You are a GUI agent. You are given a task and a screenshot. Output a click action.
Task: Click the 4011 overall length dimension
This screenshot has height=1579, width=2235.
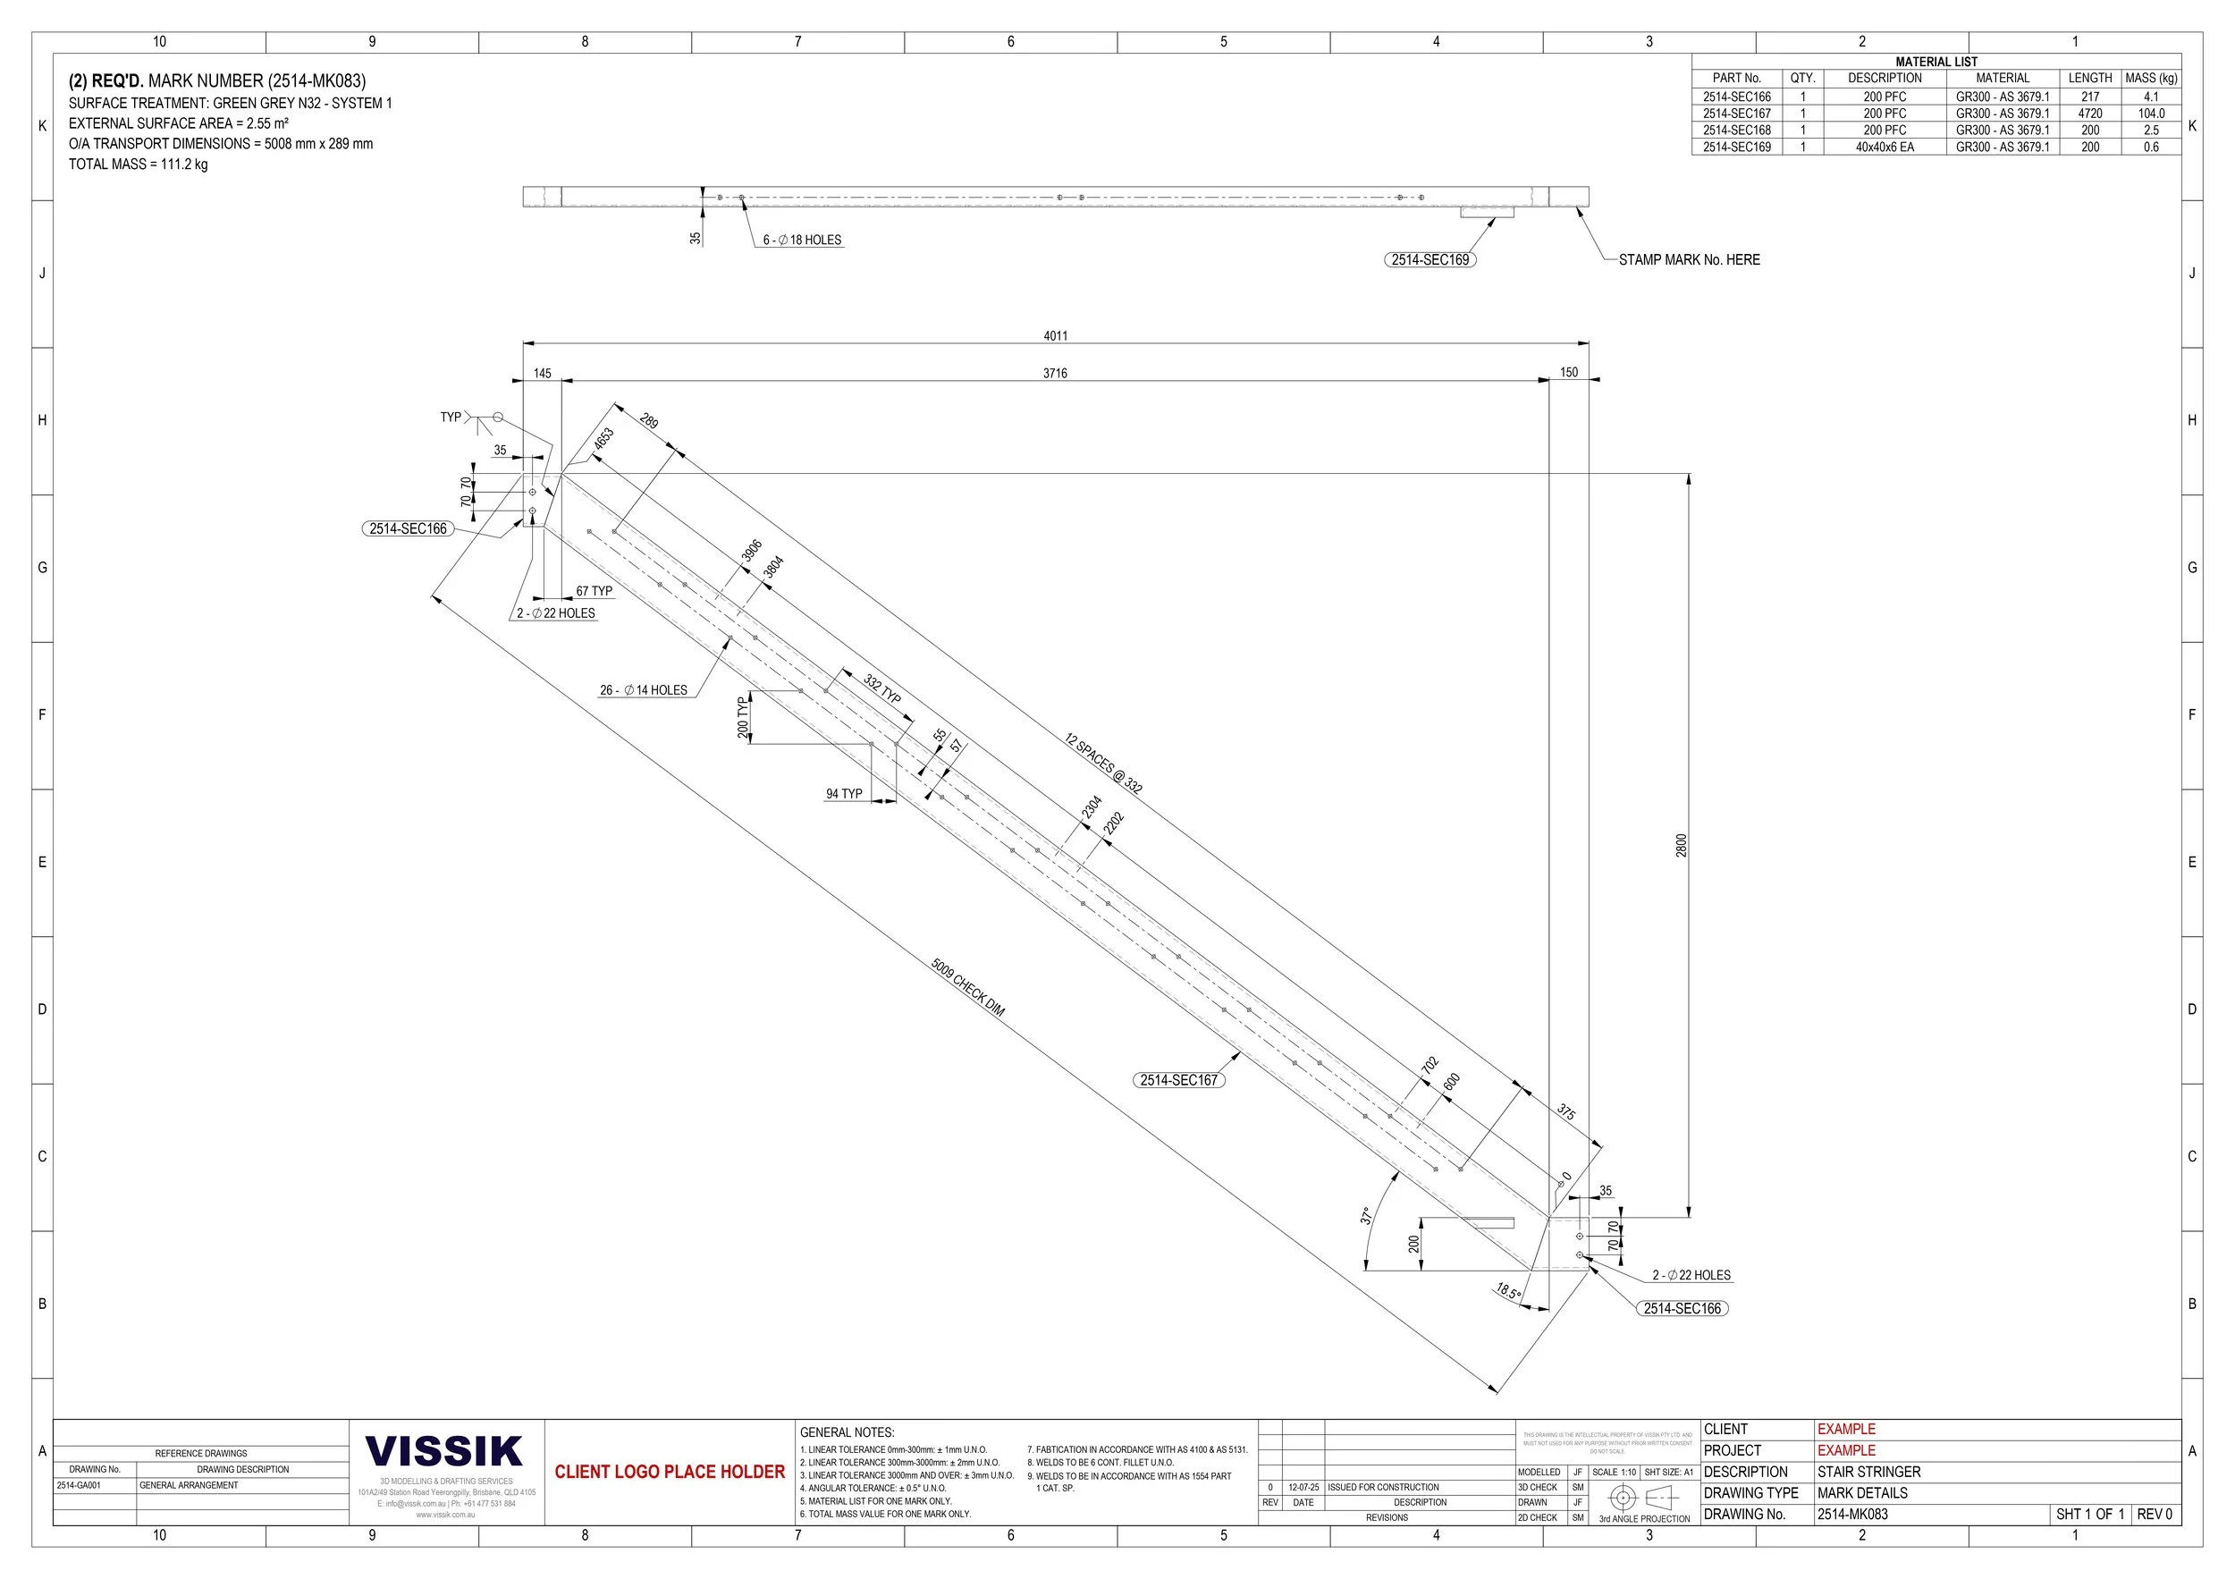pyautogui.click(x=1055, y=336)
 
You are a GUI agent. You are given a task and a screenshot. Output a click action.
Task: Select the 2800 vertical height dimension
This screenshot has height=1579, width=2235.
pyautogui.click(x=1680, y=845)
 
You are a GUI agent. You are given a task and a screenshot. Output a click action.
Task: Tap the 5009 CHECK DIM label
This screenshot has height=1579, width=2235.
pyautogui.click(x=966, y=987)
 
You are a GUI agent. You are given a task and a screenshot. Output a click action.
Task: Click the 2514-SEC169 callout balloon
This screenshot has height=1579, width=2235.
pyautogui.click(x=1429, y=260)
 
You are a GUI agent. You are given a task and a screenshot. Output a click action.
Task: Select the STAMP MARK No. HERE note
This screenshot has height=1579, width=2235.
pyautogui.click(x=1688, y=260)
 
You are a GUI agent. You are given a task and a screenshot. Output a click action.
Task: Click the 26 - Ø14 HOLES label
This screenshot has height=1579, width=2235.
pyautogui.click(x=644, y=690)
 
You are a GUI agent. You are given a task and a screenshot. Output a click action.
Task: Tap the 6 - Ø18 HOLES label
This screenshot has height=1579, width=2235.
pyautogui.click(x=801, y=240)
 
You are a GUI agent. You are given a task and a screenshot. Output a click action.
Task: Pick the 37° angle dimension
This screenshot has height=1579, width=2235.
pyautogui.click(x=1366, y=1215)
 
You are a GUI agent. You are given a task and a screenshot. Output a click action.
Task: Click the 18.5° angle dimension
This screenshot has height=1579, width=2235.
pyautogui.click(x=1508, y=1291)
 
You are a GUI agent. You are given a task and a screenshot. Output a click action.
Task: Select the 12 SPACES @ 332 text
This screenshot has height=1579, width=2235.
pyautogui.click(x=1103, y=764)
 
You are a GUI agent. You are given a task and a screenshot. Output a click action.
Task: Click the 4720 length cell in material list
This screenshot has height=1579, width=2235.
pyautogui.click(x=2089, y=114)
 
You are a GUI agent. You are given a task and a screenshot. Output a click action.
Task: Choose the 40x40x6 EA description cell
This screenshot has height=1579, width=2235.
pyautogui.click(x=1884, y=147)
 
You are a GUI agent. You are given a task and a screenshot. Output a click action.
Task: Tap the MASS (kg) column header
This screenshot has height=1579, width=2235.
pyautogui.click(x=2150, y=78)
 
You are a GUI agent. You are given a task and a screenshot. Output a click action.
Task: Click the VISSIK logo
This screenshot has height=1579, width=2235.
pyautogui.click(x=445, y=1451)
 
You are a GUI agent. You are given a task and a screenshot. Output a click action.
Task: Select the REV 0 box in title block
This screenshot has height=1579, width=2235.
pyautogui.click(x=2154, y=1514)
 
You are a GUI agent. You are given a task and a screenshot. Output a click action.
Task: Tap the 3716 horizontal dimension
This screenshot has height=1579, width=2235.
pyautogui.click(x=1054, y=374)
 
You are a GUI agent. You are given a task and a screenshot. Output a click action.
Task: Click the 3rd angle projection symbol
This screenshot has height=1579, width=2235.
pyautogui.click(x=1643, y=1498)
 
